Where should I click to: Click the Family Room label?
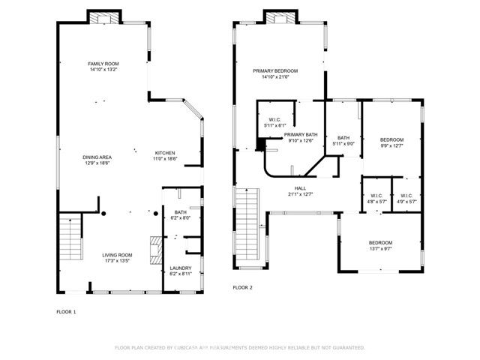pyautogui.click(x=103, y=67)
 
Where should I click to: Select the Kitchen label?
pyautogui.click(x=165, y=155)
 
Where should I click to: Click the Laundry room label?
pyautogui.click(x=180, y=271)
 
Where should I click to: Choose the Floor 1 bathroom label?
pyautogui.click(x=180, y=214)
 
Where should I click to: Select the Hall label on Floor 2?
pyautogui.click(x=300, y=191)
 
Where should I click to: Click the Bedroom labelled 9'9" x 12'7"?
pyautogui.click(x=391, y=142)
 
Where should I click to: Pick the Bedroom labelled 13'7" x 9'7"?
pyautogui.click(x=380, y=245)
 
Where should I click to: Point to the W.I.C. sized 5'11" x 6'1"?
pyautogui.click(x=274, y=122)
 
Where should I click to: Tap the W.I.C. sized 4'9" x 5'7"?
pyautogui.click(x=406, y=199)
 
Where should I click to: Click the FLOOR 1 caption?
pyautogui.click(x=67, y=311)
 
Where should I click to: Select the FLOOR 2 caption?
pyautogui.click(x=242, y=287)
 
